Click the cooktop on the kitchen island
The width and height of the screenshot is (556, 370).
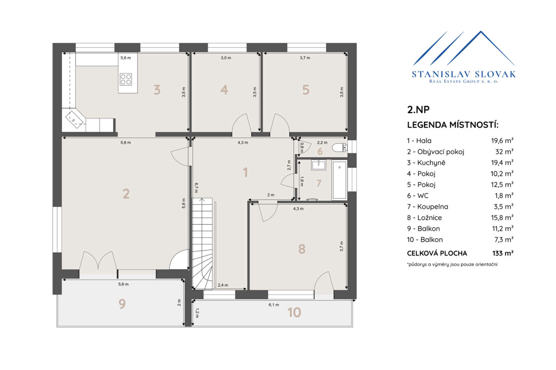[x=126, y=79]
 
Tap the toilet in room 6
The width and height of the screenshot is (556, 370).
[x=340, y=148]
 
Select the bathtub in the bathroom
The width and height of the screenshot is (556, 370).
[x=339, y=180]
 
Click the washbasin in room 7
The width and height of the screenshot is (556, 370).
[x=318, y=165]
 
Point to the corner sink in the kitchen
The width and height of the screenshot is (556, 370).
[x=74, y=120]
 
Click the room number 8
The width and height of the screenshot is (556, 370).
[x=302, y=249]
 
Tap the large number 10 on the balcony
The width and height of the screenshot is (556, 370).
[x=294, y=312]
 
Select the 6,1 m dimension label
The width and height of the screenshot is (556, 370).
[x=274, y=305]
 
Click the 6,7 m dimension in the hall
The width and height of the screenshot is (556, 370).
[x=196, y=188]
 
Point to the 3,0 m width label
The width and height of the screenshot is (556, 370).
[x=226, y=58]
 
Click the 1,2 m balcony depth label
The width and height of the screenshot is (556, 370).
[x=197, y=313]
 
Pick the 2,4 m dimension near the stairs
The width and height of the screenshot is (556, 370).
[x=223, y=285]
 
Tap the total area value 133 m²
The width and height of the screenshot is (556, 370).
[x=503, y=253]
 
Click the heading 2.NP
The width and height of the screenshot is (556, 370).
[x=418, y=109]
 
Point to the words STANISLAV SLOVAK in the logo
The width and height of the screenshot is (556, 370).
[x=464, y=74]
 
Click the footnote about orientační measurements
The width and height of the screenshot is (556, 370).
[x=452, y=264]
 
